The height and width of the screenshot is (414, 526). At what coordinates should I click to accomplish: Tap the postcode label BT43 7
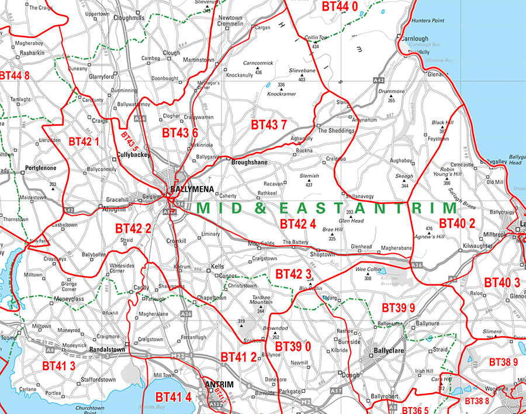[269, 125]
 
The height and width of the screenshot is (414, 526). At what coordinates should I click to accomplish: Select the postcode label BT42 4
[297, 223]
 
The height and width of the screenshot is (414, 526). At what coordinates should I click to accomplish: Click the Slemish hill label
[309, 176]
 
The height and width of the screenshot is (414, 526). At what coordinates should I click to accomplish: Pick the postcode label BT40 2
[457, 223]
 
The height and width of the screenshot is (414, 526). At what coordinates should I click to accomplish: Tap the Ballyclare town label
[392, 352]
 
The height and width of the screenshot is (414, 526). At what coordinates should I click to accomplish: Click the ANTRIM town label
[219, 384]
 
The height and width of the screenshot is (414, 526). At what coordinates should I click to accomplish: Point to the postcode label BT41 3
[58, 365]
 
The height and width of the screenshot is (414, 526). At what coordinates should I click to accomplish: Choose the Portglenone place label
[40, 168]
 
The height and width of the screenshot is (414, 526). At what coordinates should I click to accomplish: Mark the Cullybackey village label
[134, 155]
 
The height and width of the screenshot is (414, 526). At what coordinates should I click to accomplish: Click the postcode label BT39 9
[399, 308]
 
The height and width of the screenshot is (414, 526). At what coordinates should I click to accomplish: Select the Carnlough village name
[416, 39]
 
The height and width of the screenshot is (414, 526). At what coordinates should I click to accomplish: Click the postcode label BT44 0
[340, 6]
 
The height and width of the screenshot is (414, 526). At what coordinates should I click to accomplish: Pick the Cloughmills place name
[129, 18]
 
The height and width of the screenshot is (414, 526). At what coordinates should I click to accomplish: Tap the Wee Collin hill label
[368, 270]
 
